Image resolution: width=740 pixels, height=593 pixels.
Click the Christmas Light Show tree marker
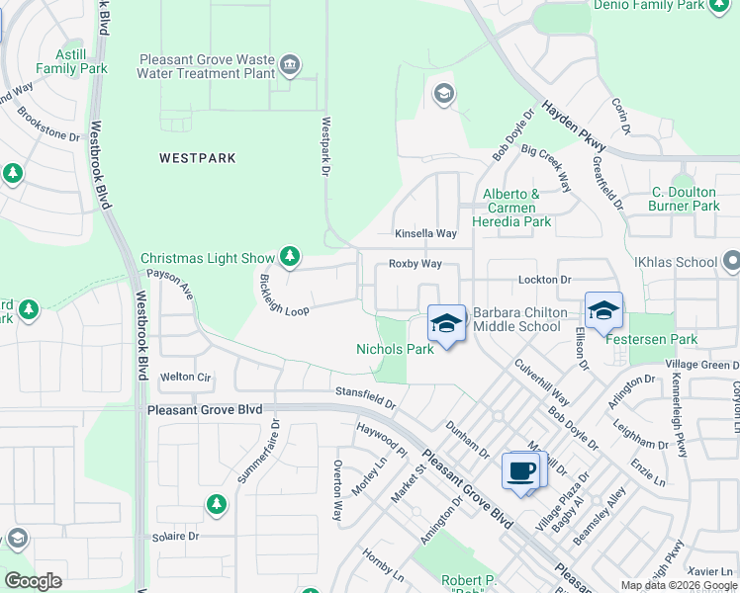point(289,258)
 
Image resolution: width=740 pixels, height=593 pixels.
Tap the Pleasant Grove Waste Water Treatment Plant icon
point(290,66)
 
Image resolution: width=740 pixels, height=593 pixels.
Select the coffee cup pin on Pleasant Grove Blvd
point(520,470)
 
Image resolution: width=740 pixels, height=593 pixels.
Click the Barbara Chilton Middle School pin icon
point(446,323)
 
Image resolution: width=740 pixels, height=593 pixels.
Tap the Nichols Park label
point(395,349)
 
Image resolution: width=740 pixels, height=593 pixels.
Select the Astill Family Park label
point(71,61)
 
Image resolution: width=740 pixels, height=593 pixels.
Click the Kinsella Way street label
point(425,234)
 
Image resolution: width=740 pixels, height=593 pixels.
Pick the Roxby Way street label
point(415,264)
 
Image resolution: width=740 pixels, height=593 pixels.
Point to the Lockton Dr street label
point(545,281)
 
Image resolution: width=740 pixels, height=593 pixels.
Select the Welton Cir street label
point(186,377)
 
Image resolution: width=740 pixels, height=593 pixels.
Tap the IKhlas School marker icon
point(731,262)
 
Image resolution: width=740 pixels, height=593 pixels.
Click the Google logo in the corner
point(33,581)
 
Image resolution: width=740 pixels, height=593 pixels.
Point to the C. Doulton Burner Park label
point(684,199)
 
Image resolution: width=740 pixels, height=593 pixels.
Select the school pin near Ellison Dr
point(603,310)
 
